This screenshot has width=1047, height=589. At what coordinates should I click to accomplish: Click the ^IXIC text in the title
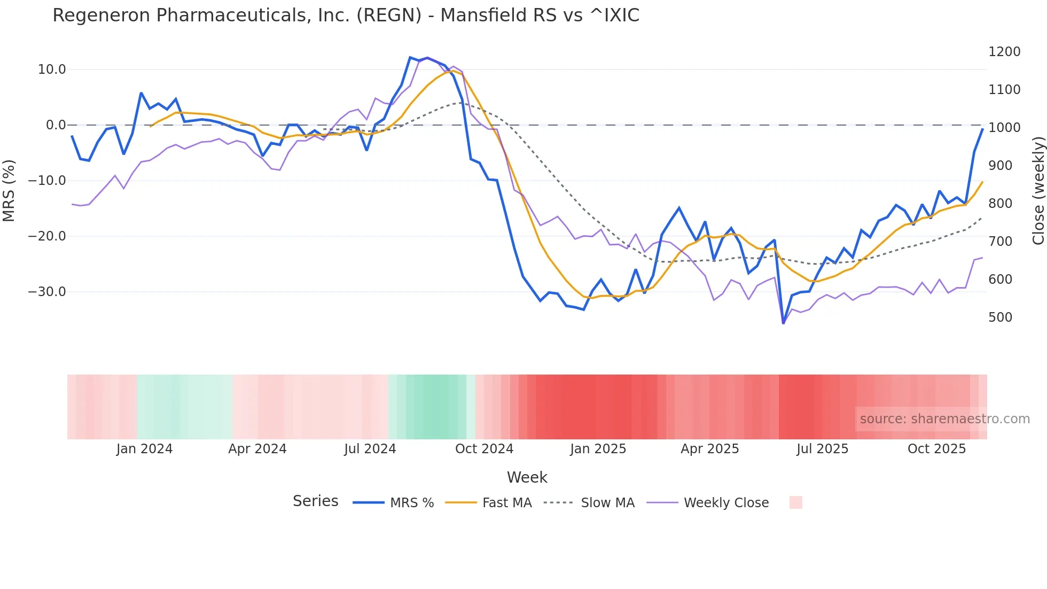pos(614,15)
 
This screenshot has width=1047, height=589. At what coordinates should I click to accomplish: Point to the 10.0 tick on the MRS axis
pos(52,69)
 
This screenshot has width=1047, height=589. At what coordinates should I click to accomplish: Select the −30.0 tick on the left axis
pos(47,292)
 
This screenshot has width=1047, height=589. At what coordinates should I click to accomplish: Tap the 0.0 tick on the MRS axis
pos(56,125)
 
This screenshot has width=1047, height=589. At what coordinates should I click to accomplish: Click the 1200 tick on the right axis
pos(1004,52)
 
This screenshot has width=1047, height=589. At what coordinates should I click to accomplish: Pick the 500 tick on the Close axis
pos(1001,317)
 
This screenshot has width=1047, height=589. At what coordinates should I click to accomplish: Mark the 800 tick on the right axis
pos(1001,204)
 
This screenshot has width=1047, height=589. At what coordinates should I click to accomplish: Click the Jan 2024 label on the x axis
pos(144,449)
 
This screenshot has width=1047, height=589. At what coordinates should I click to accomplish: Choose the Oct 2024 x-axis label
pos(484,449)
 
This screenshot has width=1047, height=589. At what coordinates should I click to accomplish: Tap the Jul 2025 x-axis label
pos(822,449)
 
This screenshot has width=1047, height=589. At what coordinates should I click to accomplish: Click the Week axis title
pos(527,477)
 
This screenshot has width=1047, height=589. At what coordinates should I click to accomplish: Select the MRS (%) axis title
pos(9,190)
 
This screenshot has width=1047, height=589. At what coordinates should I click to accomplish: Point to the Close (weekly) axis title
pos(1038,190)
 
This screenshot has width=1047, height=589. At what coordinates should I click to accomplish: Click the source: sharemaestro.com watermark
pos(944,419)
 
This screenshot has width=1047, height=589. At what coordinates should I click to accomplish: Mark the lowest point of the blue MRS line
pos(783,323)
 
